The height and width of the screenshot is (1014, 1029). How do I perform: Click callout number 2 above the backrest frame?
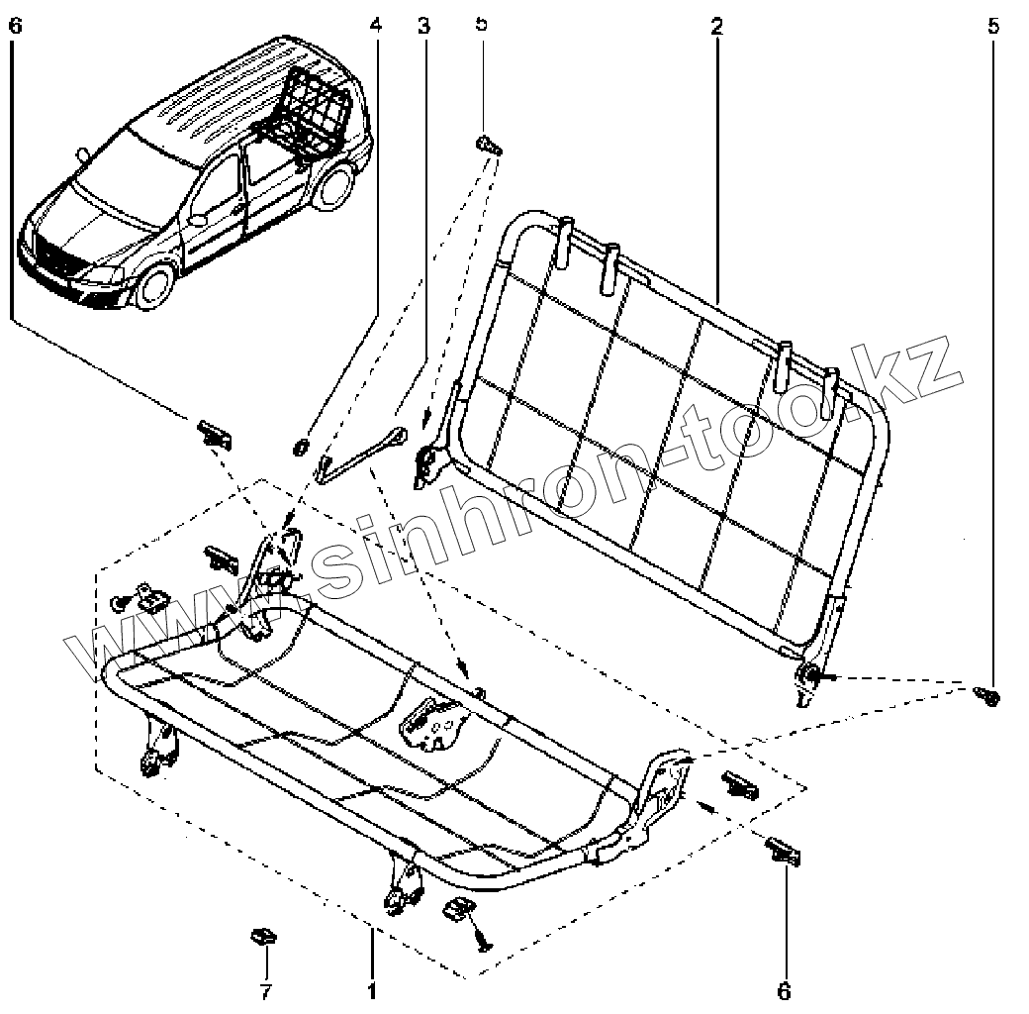click(x=715, y=26)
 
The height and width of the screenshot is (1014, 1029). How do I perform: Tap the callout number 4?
click(x=374, y=26)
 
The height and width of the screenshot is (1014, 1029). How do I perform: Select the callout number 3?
click(x=423, y=26)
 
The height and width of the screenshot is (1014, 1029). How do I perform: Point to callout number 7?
click(x=265, y=990)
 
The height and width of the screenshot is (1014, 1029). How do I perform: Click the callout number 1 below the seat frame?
click(x=372, y=989)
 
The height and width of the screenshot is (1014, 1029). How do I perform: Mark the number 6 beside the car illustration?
click(x=13, y=26)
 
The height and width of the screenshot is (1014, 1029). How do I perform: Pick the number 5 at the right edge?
click(x=993, y=26)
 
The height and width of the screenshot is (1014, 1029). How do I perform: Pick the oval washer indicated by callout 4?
click(x=298, y=449)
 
